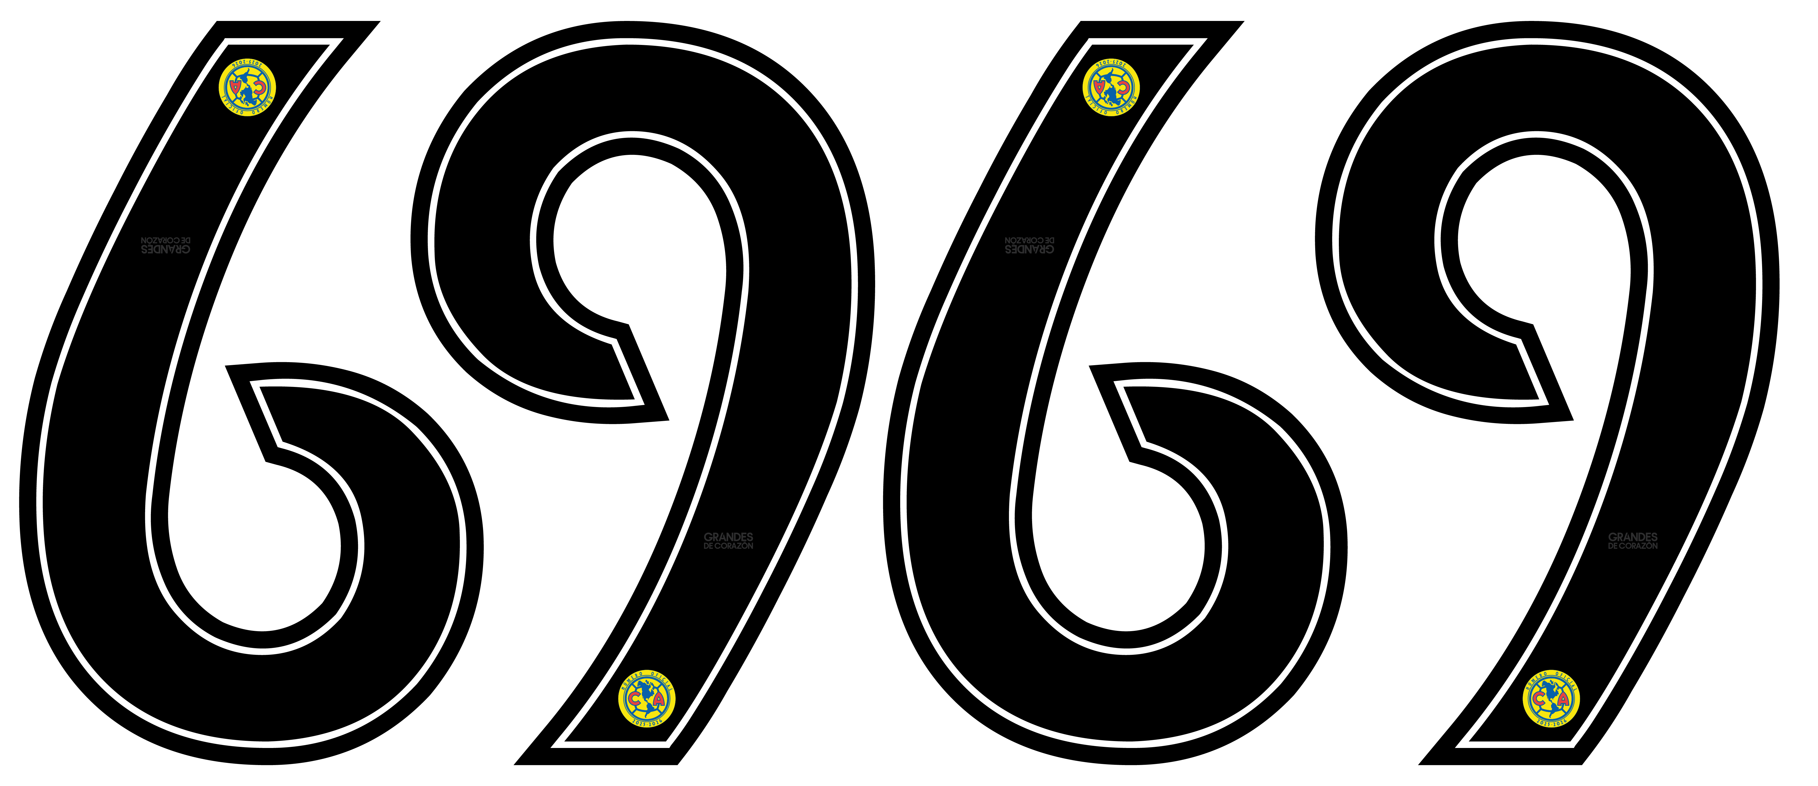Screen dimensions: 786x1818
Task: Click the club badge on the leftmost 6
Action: pyautogui.click(x=246, y=88)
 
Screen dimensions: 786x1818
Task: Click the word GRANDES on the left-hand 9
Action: pyautogui.click(x=728, y=537)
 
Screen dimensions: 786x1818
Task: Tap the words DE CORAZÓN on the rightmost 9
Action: pyautogui.click(x=1632, y=546)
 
